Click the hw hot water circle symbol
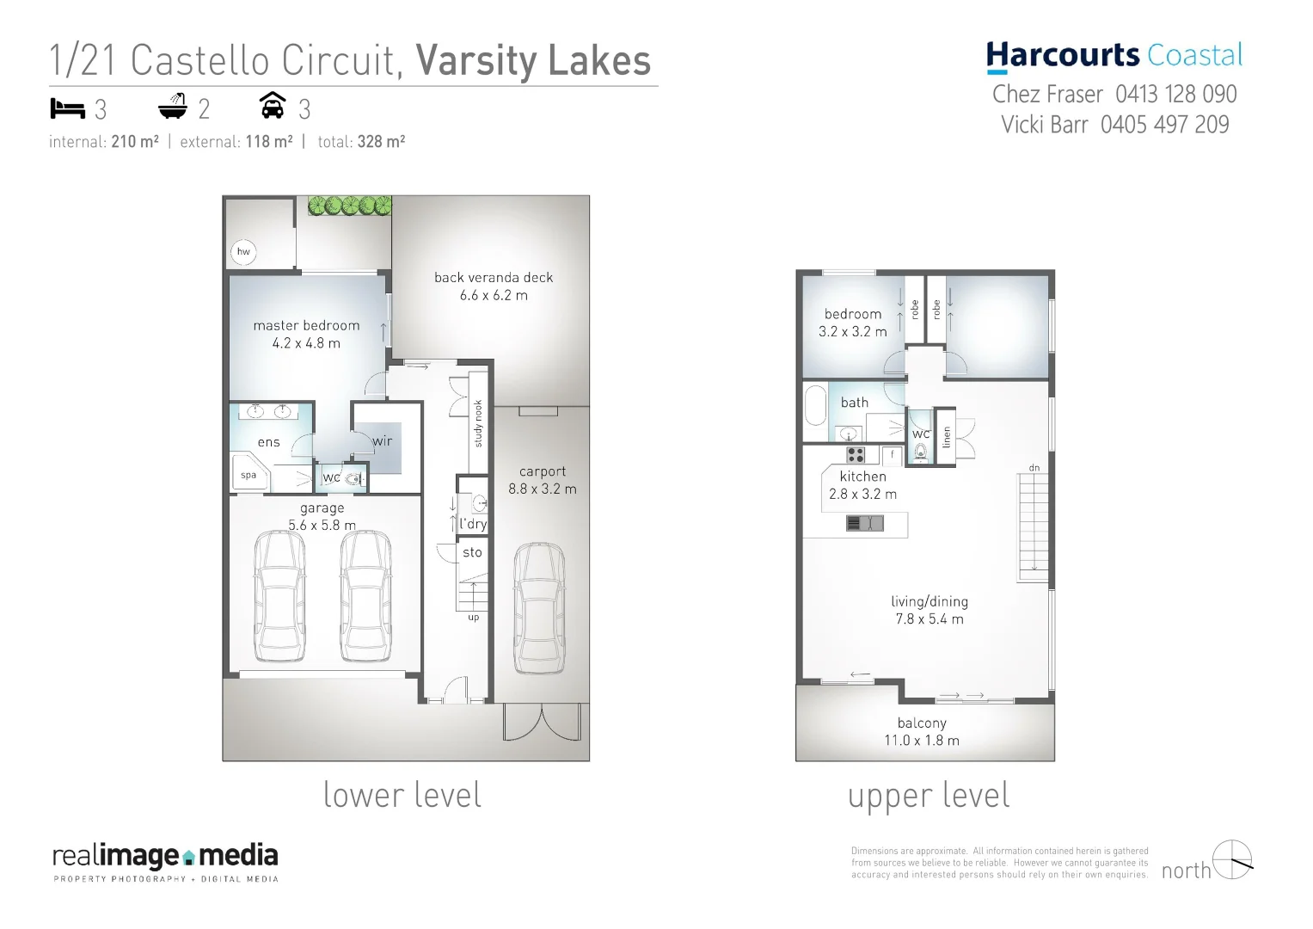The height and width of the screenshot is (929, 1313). pos(243,252)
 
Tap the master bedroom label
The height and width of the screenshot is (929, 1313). pos(306,326)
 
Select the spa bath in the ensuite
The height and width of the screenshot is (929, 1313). pos(249,475)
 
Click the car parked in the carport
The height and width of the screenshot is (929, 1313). pos(539,609)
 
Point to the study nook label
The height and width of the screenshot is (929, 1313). pos(479,423)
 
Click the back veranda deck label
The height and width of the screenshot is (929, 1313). pos(494,278)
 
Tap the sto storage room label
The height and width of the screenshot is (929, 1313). pos(472,552)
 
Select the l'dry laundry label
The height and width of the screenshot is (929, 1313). pos(473,523)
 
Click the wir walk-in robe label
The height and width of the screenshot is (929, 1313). pos(383,441)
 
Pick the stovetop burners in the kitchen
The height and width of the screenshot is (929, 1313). pos(855,454)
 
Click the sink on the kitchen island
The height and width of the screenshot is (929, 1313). pos(864,523)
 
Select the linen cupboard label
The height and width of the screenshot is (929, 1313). pos(947,437)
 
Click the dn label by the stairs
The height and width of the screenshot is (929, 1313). pos(1034,468)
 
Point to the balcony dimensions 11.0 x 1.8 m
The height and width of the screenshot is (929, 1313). pos(922,741)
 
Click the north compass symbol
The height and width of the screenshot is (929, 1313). pos(1231,860)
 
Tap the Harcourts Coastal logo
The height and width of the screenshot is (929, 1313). pos(1114,56)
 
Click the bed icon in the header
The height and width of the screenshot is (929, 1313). pos(67,108)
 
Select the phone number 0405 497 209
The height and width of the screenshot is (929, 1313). pos(1164,125)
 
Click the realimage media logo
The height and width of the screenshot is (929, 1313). pos(165,857)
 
